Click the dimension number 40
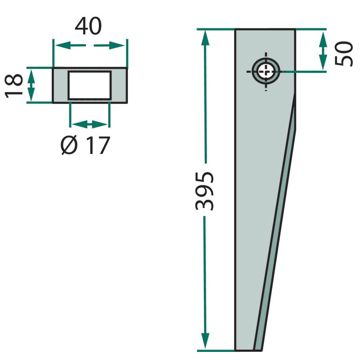click(88, 26)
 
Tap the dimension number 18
click(14, 86)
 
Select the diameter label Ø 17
click(85, 145)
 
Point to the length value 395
click(205, 191)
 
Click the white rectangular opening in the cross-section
click(90, 85)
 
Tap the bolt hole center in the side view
click(266, 72)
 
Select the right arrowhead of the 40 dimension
click(117, 45)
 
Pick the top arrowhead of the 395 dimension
click(205, 38)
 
